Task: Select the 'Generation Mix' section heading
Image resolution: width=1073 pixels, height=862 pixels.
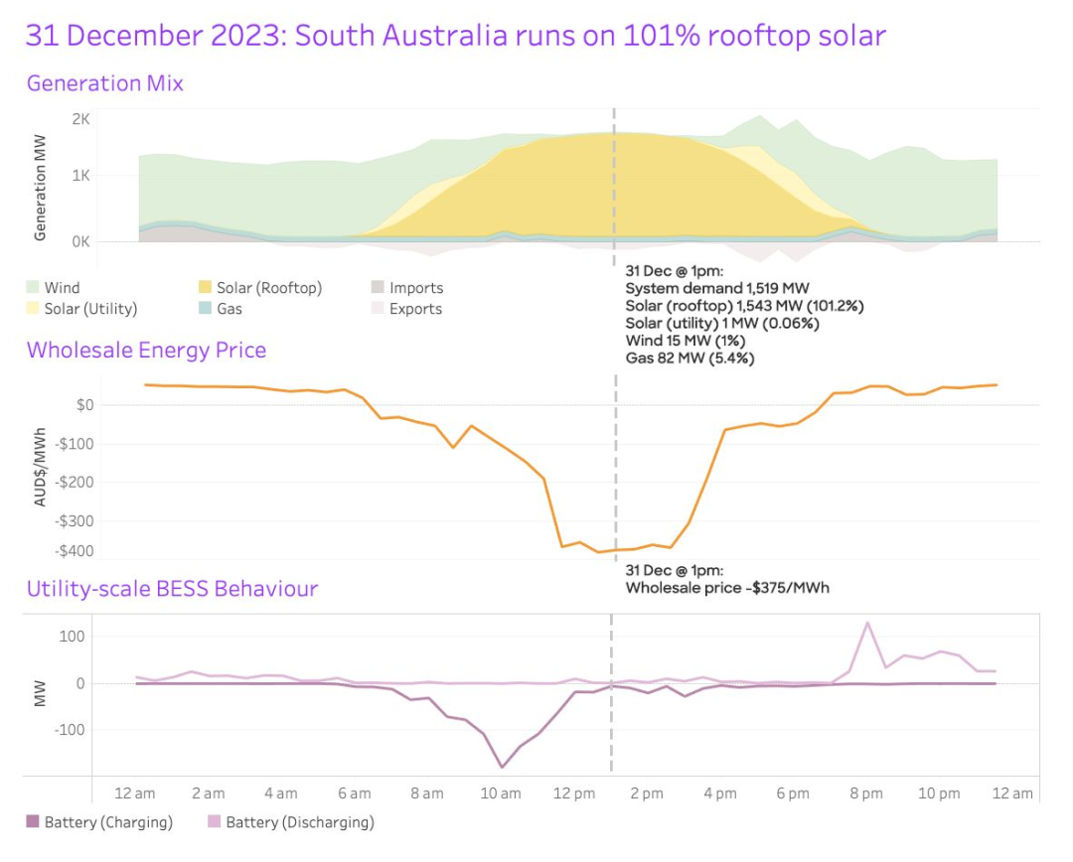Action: [104, 83]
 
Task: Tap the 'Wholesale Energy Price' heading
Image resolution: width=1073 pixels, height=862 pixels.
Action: [146, 351]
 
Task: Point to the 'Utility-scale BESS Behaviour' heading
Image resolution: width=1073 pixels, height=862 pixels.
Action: [172, 589]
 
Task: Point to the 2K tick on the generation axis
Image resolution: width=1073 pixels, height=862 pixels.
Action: [80, 119]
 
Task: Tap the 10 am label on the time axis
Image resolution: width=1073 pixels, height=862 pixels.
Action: [500, 793]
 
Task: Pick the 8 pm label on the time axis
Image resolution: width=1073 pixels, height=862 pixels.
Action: [865, 793]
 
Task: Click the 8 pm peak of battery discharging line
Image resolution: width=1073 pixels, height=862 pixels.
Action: [867, 623]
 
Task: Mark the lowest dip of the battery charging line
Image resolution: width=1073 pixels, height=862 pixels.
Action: [502, 767]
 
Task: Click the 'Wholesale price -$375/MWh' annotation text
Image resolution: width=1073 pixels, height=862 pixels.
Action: [727, 588]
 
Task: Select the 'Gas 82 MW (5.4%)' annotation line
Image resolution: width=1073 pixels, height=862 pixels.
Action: [690, 359]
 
